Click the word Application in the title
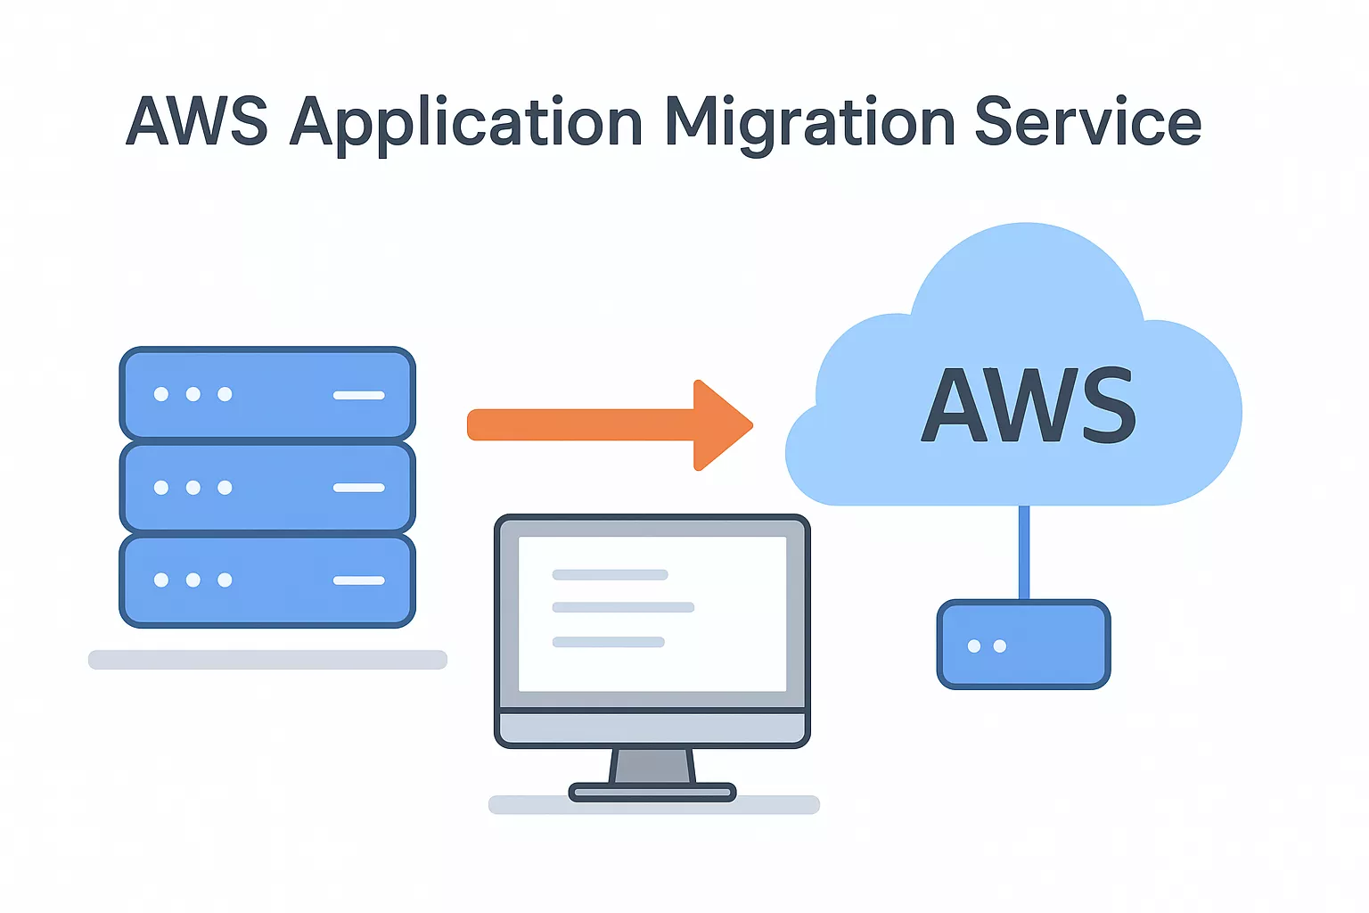(x=465, y=123)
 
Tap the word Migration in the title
(x=810, y=123)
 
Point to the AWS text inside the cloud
(x=1029, y=406)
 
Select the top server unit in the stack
(x=267, y=393)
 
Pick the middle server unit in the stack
(x=267, y=487)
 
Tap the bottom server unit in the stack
(x=267, y=580)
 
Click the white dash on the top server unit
(x=359, y=394)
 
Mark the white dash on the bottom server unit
(x=359, y=580)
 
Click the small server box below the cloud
(x=1023, y=645)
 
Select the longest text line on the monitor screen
(x=623, y=607)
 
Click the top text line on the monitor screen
(x=610, y=575)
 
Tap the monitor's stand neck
(x=652, y=766)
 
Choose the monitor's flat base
(x=652, y=792)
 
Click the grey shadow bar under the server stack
(x=267, y=660)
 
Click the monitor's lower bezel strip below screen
(x=652, y=728)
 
